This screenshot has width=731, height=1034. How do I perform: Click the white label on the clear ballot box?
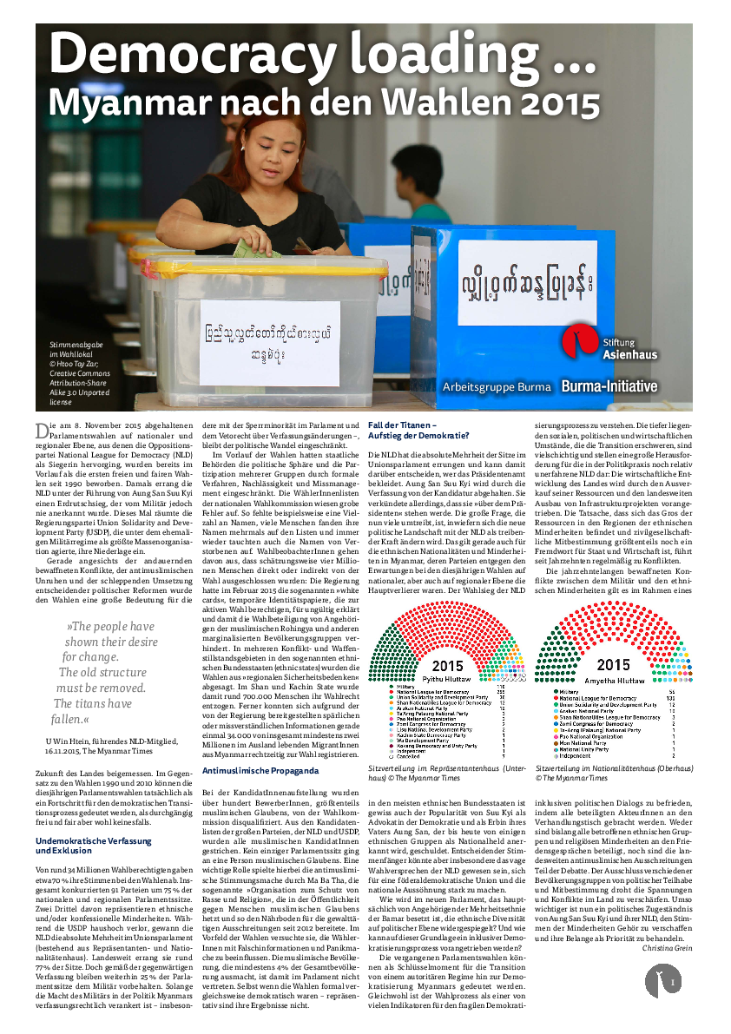click(269, 343)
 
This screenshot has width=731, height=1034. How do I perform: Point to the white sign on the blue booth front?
click(527, 283)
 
